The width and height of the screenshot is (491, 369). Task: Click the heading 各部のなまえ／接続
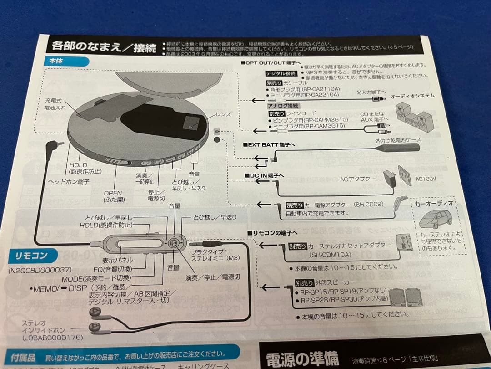104,46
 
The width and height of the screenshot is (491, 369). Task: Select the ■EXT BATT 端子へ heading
269,144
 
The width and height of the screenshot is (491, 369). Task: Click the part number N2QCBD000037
41,270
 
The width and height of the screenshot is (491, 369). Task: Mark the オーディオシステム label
413,96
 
